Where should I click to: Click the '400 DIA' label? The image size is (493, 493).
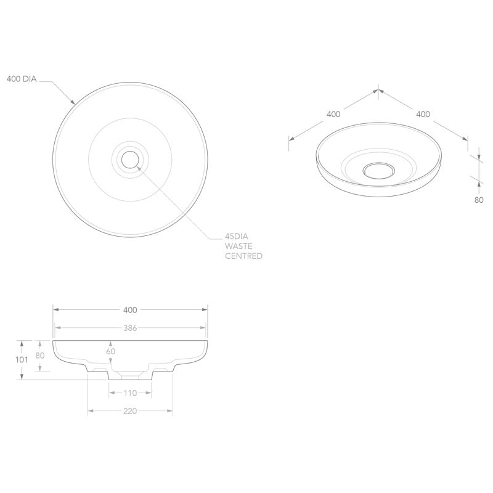22,79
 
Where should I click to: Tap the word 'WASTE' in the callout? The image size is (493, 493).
238,246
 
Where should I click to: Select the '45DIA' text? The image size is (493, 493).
237,236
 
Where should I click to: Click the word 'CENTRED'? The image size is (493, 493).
243,256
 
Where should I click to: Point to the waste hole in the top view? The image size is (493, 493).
130,160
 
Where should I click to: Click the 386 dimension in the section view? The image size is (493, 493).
130,328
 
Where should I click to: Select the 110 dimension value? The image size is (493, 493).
130,393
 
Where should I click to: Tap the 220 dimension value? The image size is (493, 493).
130,411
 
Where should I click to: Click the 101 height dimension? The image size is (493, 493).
22,360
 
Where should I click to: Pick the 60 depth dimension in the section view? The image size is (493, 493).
111,351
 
